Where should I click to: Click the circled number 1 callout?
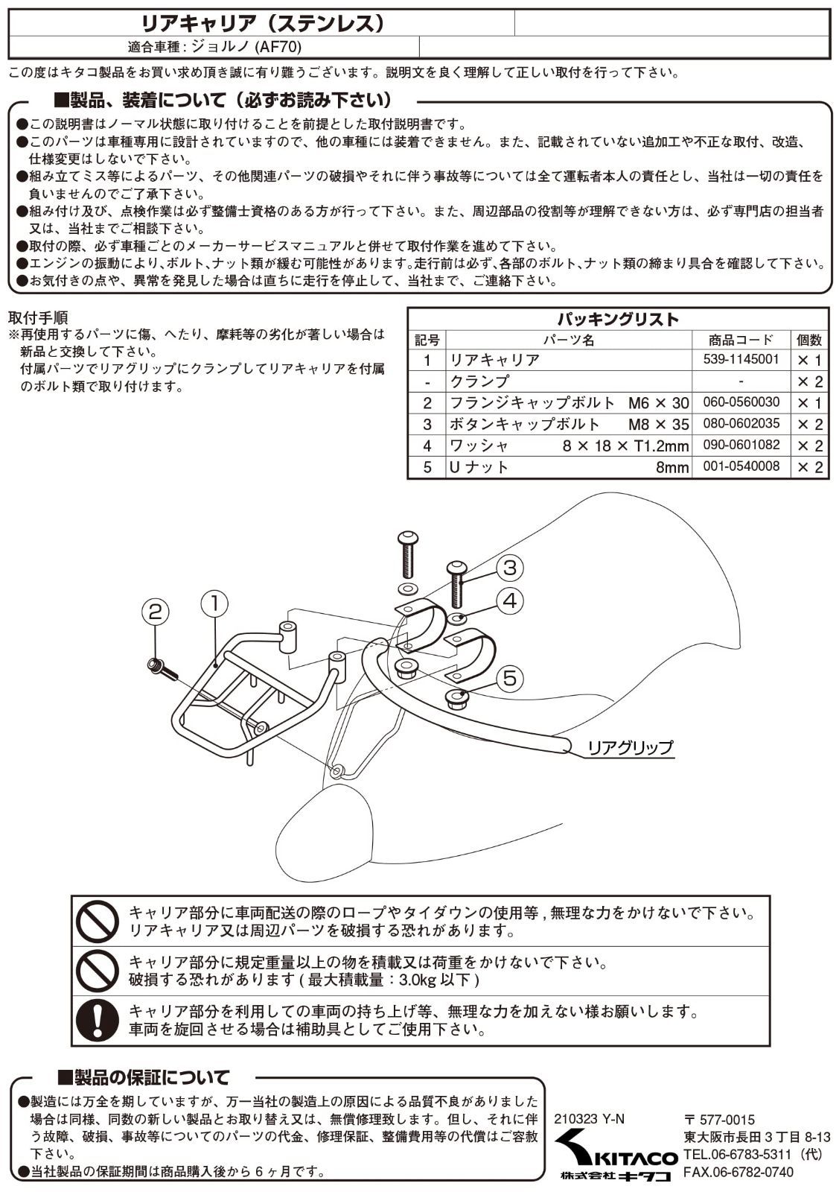click(215, 604)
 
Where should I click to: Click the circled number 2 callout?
click(155, 612)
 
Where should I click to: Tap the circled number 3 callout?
click(509, 568)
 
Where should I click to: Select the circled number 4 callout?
click(509, 601)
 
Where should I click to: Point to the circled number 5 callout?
click(509, 679)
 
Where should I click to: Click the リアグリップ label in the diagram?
click(630, 748)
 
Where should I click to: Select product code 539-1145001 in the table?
click(741, 359)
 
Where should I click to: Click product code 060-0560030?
click(741, 402)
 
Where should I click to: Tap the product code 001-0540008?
click(741, 466)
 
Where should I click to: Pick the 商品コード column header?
click(741, 340)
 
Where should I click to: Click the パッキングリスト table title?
click(618, 320)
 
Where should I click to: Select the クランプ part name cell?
click(479, 381)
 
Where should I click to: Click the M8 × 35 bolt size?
click(658, 424)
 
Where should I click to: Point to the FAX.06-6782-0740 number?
click(738, 1172)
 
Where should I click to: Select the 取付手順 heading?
click(38, 317)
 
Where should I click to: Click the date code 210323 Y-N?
click(589, 1119)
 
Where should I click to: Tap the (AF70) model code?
click(278, 48)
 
